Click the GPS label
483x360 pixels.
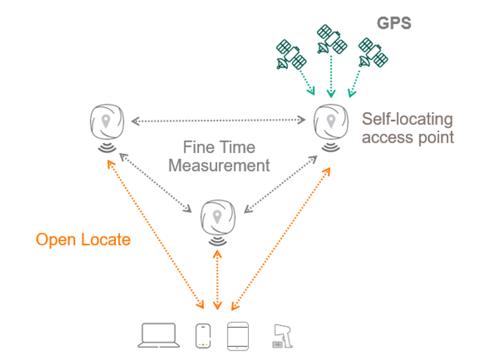click(x=394, y=23)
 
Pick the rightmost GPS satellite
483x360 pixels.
click(x=372, y=53)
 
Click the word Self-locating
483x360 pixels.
click(x=407, y=119)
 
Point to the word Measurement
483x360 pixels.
click(x=219, y=165)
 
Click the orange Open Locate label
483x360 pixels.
click(x=83, y=240)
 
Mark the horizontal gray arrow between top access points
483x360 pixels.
click(x=218, y=121)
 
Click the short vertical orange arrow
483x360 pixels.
click(x=217, y=277)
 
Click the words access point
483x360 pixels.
click(x=407, y=137)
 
